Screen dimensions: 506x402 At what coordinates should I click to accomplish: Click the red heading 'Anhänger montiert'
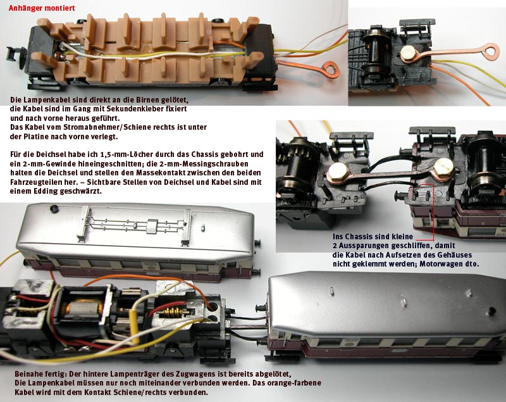42,8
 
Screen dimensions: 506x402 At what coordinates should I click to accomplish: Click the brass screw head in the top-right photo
408,53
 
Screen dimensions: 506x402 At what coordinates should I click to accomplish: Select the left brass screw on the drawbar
338,171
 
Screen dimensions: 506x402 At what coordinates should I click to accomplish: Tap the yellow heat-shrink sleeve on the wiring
134,326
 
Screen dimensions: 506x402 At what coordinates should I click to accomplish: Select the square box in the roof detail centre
152,227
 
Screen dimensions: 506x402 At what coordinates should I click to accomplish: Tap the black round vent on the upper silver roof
54,208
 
